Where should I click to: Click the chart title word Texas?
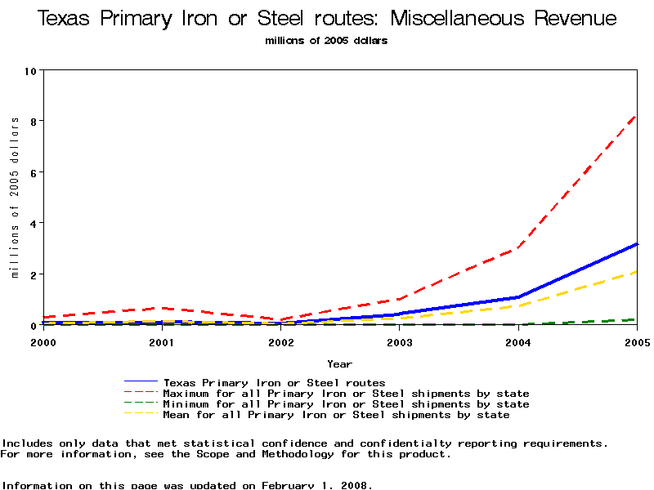click(x=65, y=19)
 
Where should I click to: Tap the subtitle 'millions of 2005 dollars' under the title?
click(x=326, y=40)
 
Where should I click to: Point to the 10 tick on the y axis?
click(x=32, y=70)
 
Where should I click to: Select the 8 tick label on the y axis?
click(x=32, y=121)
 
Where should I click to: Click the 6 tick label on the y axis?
click(x=32, y=172)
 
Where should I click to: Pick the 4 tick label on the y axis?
click(x=32, y=223)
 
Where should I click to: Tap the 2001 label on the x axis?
click(x=162, y=342)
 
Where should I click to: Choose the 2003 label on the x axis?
click(x=399, y=342)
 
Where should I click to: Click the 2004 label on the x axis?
click(x=518, y=342)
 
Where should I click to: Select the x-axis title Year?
click(x=339, y=363)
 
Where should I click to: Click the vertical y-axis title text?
click(x=15, y=197)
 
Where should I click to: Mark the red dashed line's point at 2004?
click(x=518, y=247)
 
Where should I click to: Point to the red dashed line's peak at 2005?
click(x=636, y=116)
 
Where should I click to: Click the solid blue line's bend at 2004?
click(x=518, y=297)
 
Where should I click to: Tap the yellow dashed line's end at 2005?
click(x=636, y=272)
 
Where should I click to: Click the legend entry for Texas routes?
click(x=274, y=382)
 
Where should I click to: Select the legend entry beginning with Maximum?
click(x=346, y=394)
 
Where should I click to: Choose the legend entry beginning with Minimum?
click(x=346, y=404)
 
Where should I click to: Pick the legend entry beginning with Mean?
click(x=336, y=415)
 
